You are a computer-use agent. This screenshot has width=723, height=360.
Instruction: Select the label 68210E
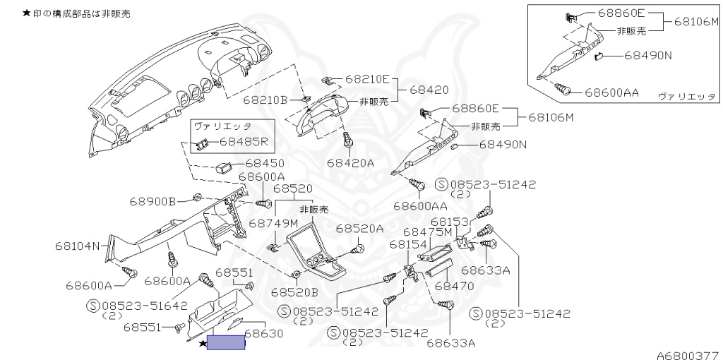[x=371, y=79]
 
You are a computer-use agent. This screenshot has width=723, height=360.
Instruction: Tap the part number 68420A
[x=350, y=163]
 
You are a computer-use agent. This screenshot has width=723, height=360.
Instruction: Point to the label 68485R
[x=244, y=141]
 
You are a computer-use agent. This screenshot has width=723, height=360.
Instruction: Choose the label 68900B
[x=152, y=201]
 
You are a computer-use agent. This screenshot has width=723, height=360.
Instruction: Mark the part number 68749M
[x=273, y=223]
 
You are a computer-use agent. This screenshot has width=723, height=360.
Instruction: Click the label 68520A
[x=359, y=229]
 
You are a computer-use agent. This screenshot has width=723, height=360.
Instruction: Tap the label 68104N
[x=78, y=247]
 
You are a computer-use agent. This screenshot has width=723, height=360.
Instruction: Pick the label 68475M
[x=427, y=232]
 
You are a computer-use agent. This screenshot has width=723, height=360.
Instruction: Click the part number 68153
[x=450, y=221]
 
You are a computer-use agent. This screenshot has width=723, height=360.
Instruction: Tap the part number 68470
[x=454, y=287]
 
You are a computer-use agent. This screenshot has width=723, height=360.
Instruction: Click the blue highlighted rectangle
[x=225, y=344]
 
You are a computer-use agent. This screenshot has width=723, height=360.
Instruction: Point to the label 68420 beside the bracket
[x=429, y=90]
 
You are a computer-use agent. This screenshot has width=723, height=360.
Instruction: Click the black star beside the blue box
[x=203, y=344]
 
